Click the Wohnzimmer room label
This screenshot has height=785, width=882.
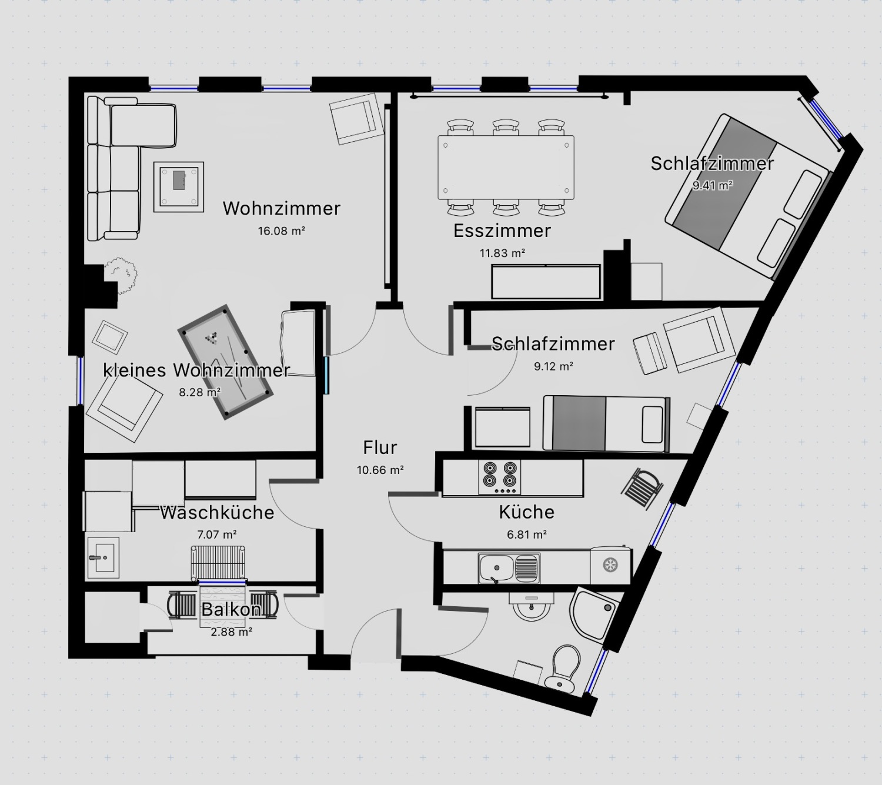pyautogui.click(x=281, y=208)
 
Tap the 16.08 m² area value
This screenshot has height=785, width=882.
pyautogui.click(x=281, y=231)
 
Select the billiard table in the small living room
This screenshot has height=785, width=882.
pyautogui.click(x=226, y=362)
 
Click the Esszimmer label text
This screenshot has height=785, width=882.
pyautogui.click(x=502, y=231)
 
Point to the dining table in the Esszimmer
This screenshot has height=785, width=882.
pyautogui.click(x=506, y=168)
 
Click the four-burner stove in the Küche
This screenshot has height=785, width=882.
pyautogui.click(x=499, y=477)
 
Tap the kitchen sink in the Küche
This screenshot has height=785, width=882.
pyautogui.click(x=509, y=568)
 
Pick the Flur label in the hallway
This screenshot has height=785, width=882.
pyautogui.click(x=380, y=447)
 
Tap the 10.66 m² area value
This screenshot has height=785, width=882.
pyautogui.click(x=380, y=470)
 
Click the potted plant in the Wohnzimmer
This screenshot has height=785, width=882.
pyautogui.click(x=121, y=274)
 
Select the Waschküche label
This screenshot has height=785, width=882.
pyautogui.click(x=217, y=512)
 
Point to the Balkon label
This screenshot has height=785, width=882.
pyautogui.click(x=231, y=610)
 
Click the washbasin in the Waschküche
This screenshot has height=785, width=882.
pyautogui.click(x=103, y=557)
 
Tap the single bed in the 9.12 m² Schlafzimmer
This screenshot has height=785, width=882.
pyautogui.click(x=606, y=423)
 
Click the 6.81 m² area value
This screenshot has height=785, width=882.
pyautogui.click(x=527, y=535)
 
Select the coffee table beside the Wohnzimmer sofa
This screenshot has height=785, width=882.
pyautogui.click(x=179, y=187)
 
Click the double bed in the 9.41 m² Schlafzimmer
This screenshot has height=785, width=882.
pyautogui.click(x=748, y=197)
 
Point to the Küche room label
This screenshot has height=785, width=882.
pyautogui.click(x=527, y=512)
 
